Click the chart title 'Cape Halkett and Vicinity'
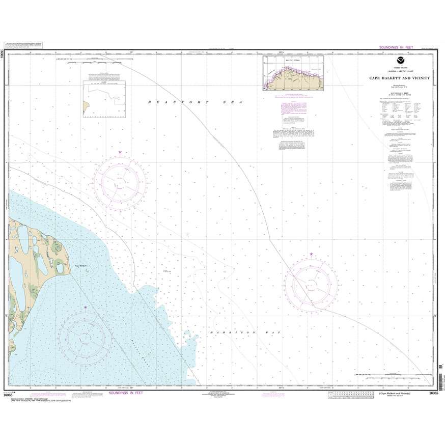[399, 78]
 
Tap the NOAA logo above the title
[399, 64]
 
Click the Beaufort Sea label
[193, 102]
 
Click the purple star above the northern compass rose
[120, 152]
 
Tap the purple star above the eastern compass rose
[311, 254]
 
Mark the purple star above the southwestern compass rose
[86, 308]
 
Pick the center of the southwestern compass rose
[81, 336]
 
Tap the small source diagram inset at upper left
[105, 97]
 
